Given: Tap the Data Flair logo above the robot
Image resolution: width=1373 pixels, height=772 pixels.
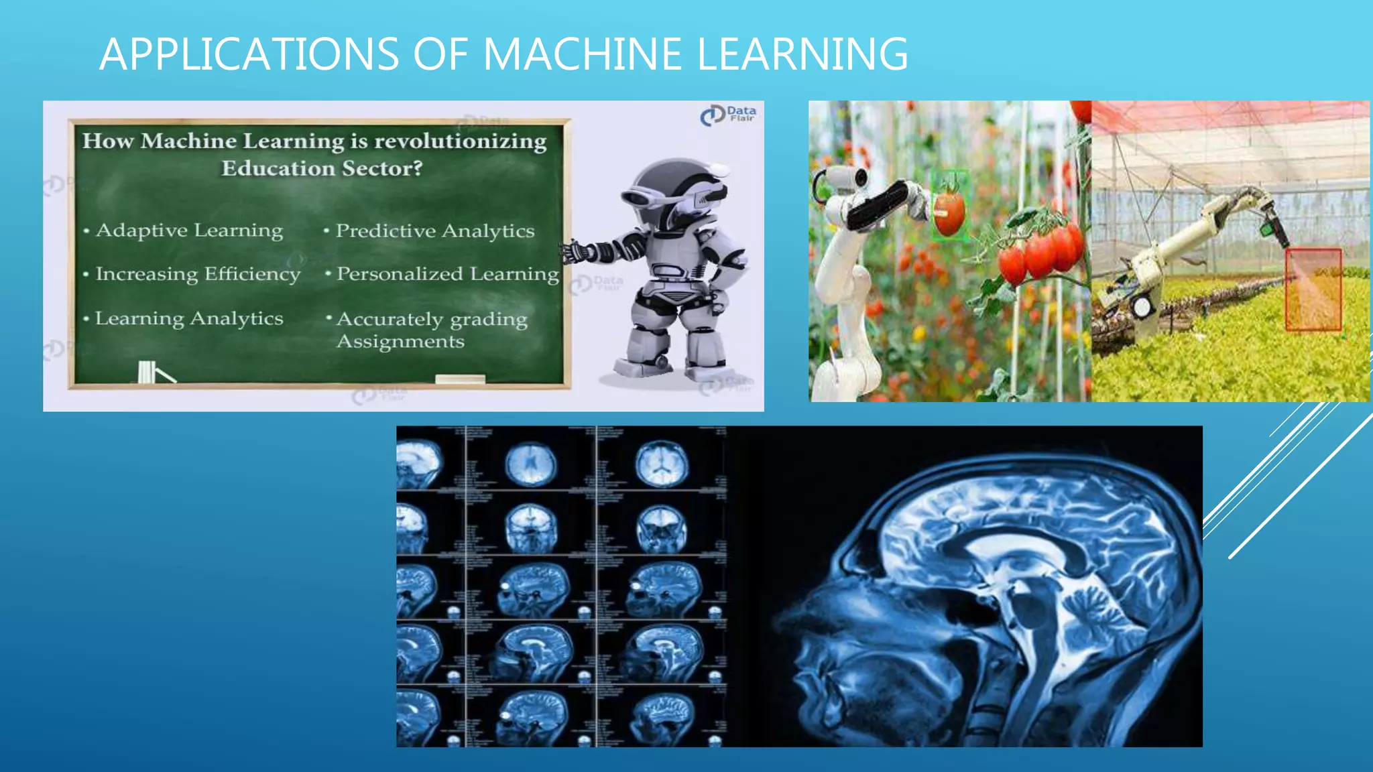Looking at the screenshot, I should (727, 115).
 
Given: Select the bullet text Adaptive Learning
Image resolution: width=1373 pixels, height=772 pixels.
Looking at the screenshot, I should (189, 231).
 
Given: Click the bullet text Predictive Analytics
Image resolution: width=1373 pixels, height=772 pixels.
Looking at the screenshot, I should (434, 231).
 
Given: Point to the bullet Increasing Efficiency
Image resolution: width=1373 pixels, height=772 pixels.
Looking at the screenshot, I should (197, 274).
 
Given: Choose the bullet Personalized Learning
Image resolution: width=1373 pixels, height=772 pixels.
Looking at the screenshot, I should (447, 274).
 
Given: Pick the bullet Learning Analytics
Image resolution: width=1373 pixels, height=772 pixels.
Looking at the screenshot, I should (188, 319).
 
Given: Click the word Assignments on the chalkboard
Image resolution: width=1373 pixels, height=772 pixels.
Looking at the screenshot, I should (400, 342).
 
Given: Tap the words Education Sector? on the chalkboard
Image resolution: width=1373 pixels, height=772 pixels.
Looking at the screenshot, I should (322, 168).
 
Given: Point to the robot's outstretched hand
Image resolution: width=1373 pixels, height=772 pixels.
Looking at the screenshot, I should (575, 253).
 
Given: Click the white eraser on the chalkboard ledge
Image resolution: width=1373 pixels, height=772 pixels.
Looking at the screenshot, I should (460, 379).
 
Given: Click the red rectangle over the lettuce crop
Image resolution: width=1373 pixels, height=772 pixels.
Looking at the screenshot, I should (1313, 289).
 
